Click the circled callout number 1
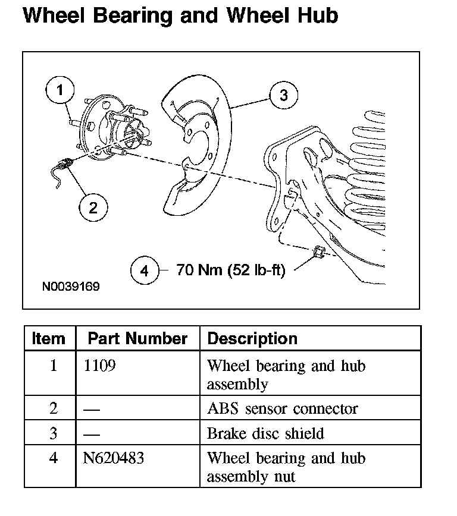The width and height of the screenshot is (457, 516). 60,92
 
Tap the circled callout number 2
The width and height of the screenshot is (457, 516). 93,207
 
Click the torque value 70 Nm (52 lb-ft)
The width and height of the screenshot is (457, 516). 231,271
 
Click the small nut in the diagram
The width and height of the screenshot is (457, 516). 318,252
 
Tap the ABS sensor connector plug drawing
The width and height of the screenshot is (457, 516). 67,161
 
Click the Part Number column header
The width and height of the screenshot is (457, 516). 137,339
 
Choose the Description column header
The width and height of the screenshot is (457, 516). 252,339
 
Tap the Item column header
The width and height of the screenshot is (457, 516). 49,339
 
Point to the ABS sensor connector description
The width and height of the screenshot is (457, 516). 282,409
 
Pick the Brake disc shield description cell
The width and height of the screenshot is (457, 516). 265,433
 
